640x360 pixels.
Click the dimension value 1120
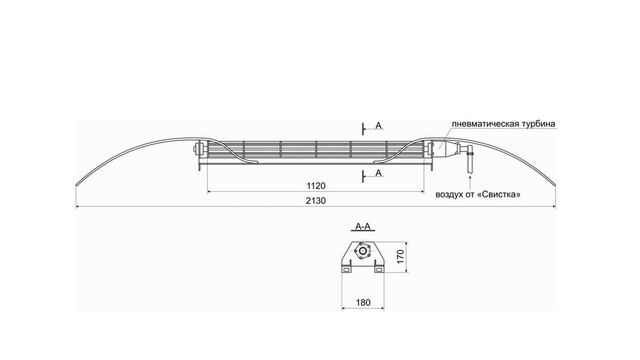[316, 186]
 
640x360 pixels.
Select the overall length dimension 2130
[316, 201]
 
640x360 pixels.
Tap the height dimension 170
[400, 256]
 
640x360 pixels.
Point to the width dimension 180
[363, 302]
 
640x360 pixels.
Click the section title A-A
[363, 227]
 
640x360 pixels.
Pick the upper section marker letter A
[378, 126]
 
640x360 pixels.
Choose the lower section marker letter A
[378, 173]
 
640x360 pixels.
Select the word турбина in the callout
[538, 124]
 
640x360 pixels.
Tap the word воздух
[448, 195]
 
